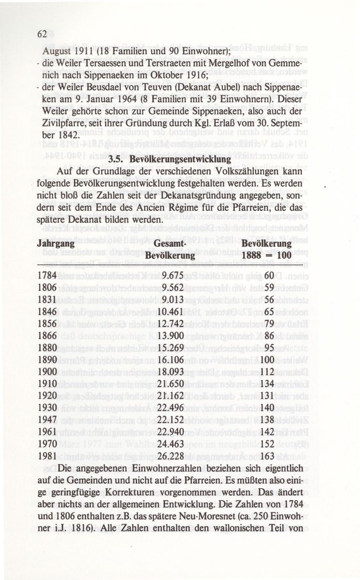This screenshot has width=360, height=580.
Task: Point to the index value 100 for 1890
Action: coord(271,360)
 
